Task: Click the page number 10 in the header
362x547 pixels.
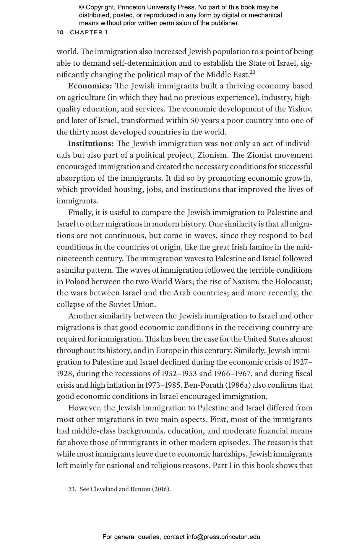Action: tap(60, 33)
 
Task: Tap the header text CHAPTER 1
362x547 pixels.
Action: tap(89, 33)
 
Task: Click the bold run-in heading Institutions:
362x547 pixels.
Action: tap(91, 144)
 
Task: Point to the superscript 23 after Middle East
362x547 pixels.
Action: tap(252, 72)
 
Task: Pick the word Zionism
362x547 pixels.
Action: tap(213, 155)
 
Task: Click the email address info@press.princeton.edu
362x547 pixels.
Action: tap(223, 537)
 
